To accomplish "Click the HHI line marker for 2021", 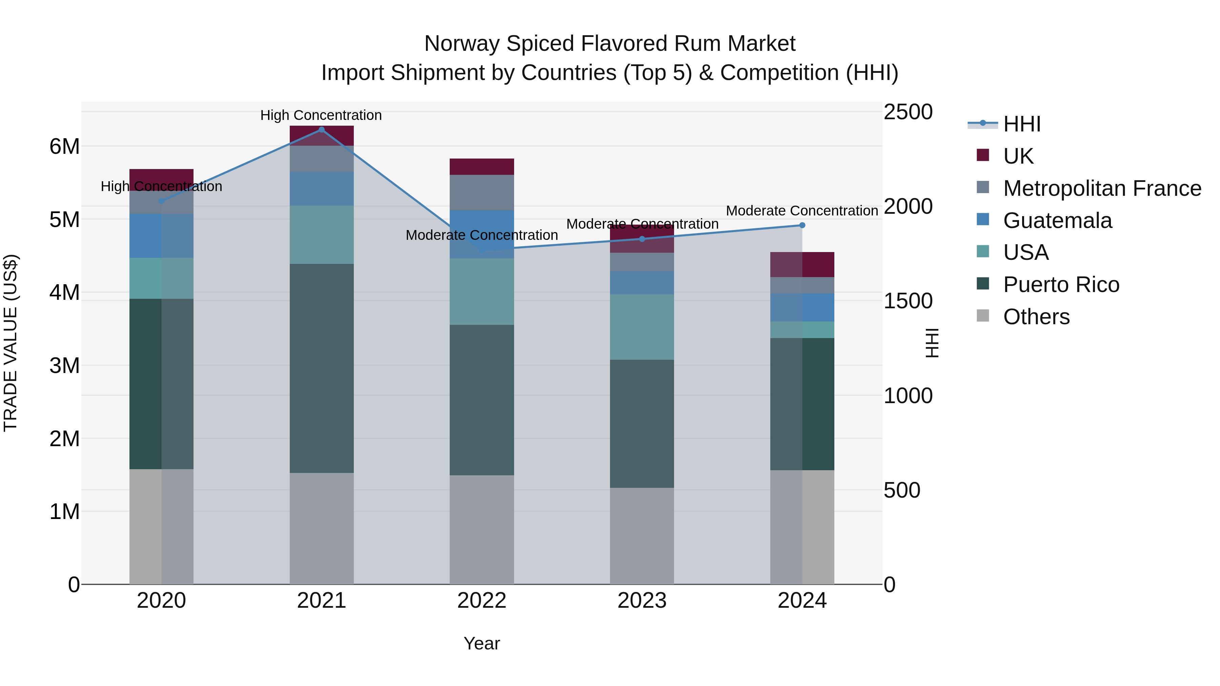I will (322, 130).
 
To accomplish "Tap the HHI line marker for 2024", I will (802, 225).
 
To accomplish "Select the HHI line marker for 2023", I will (642, 239).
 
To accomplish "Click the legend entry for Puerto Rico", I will (1061, 285).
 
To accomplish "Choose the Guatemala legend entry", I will (1057, 221).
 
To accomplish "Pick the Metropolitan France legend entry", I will (1102, 188).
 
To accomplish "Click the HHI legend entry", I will (1021, 124).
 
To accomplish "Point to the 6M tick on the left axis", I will (64, 146).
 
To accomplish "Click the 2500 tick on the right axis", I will (908, 112).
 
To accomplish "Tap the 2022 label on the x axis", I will (482, 601).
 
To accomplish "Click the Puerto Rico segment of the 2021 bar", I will (322, 368).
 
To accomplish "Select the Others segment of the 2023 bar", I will (642, 536).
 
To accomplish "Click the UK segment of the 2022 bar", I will (482, 167).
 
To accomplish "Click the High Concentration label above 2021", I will (321, 115).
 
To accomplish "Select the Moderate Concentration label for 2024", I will (802, 211).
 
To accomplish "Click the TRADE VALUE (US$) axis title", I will (11, 343).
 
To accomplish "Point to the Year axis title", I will (482, 643).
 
